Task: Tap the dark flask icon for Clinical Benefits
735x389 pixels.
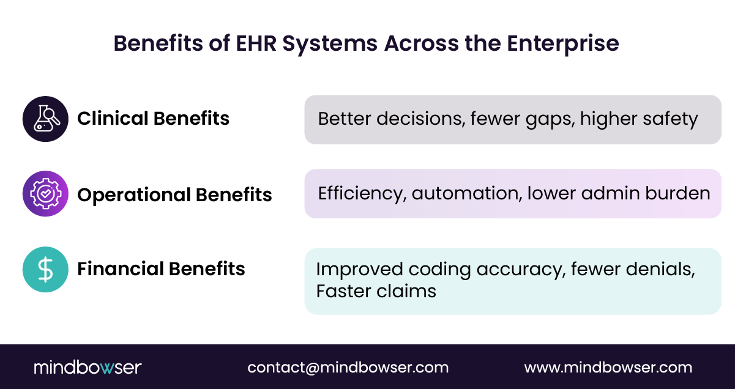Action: coord(45,119)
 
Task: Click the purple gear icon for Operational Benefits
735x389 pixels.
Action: coord(45,194)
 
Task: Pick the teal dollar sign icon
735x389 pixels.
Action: coord(45,270)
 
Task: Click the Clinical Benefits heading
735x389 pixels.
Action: coord(153,119)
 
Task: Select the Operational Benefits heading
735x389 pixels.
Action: coord(174,194)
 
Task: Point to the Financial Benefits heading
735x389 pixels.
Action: coord(161,269)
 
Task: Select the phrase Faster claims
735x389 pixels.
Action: coord(376,291)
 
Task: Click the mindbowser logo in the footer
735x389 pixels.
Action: coord(88,368)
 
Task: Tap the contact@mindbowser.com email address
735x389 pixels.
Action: coord(348,368)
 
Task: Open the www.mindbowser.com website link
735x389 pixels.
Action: coord(608,368)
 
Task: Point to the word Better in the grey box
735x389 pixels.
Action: coord(345,119)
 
